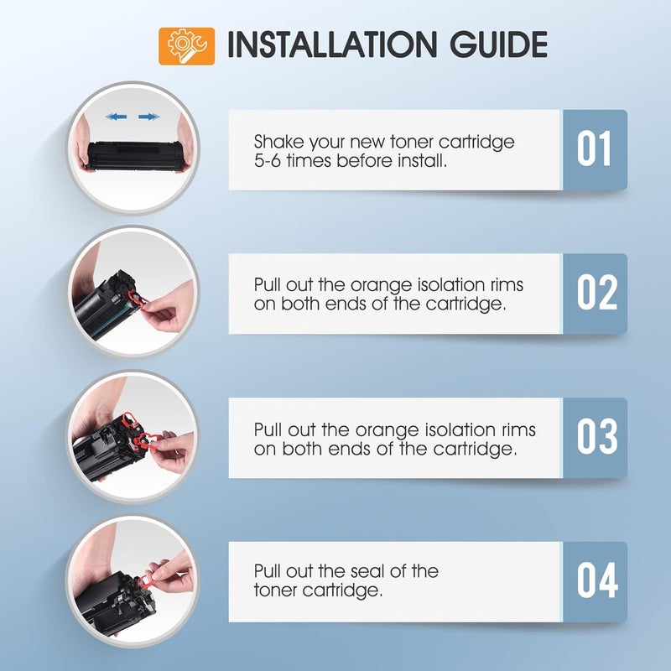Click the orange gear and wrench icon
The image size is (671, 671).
(186, 46)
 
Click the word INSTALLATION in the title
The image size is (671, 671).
(331, 44)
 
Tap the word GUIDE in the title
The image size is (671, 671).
(498, 44)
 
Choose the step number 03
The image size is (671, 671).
(597, 436)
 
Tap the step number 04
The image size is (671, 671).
(597, 580)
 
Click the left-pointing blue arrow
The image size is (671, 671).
(116, 117)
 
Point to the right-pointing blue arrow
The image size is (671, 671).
(149, 117)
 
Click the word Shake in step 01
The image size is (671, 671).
(278, 142)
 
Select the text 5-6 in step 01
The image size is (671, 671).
(268, 161)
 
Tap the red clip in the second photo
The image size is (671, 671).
(138, 299)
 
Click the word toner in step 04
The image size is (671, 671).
(276, 590)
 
